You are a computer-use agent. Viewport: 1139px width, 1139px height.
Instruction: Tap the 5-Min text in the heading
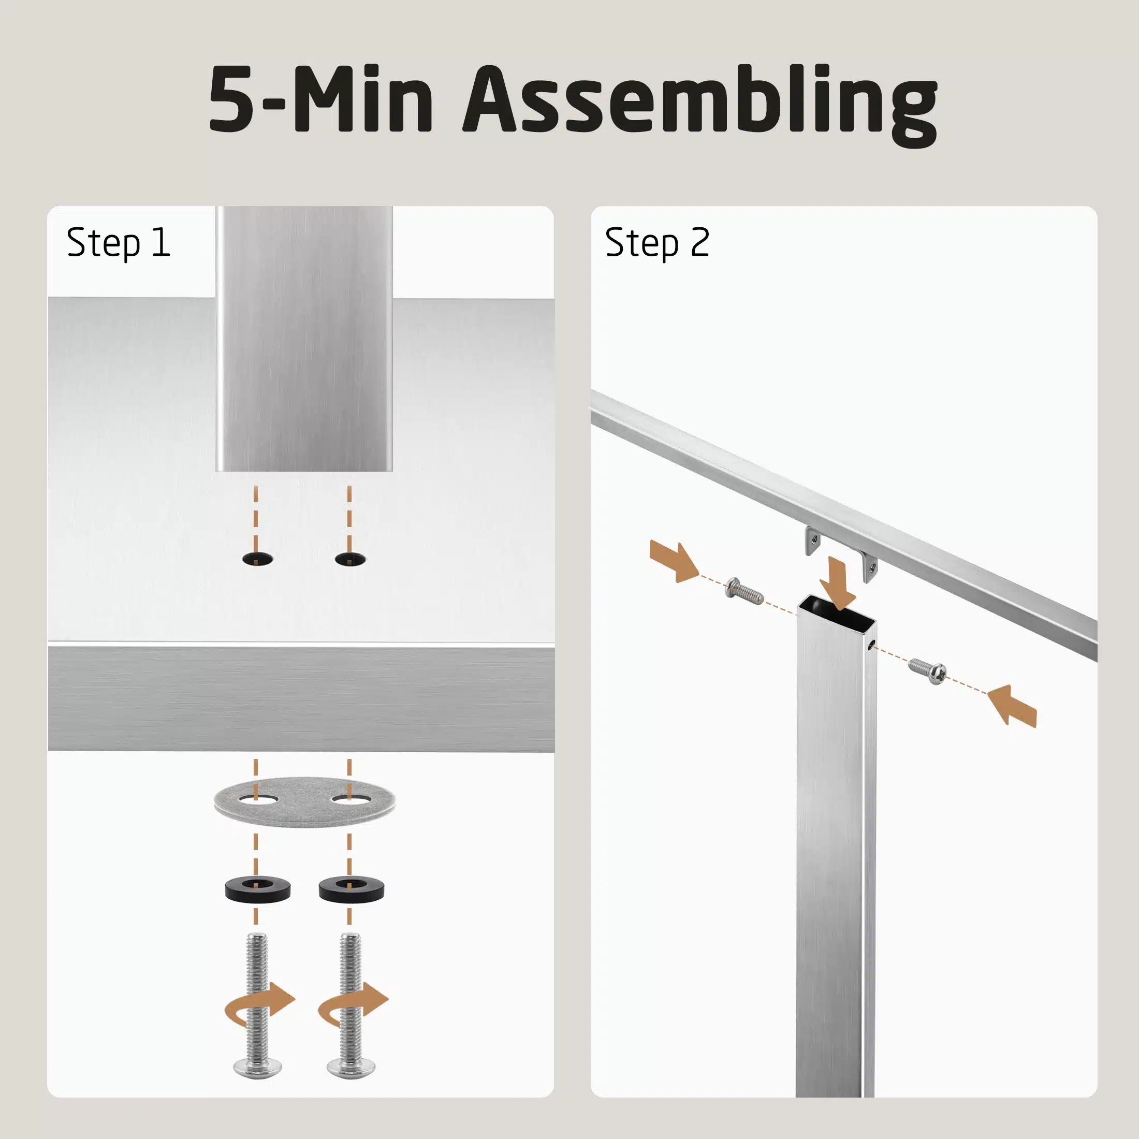tap(322, 99)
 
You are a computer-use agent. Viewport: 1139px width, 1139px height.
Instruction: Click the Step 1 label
tap(119, 242)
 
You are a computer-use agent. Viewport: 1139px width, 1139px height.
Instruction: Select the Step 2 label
tap(658, 242)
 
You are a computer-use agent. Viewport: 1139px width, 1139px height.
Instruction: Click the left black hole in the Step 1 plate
tap(258, 559)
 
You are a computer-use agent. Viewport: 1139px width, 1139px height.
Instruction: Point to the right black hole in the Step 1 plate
tap(350, 559)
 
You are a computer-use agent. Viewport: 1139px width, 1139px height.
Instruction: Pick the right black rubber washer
tap(352, 888)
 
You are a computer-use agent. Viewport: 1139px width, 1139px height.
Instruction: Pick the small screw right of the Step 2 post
tap(928, 671)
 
